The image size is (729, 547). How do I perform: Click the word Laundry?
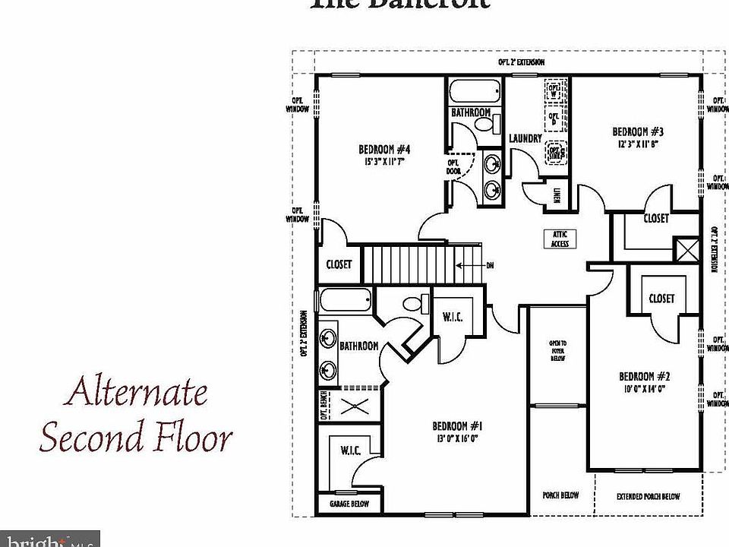coord(525,138)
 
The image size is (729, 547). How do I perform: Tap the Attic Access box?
coord(560,239)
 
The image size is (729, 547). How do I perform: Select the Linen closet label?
coord(557,194)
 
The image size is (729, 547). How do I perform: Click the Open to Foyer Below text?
coord(558,350)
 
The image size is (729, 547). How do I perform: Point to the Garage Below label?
coord(349,504)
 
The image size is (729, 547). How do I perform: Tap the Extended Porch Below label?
coord(649,496)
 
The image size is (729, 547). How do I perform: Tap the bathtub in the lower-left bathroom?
coord(346,300)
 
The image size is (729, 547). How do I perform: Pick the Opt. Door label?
coord(454,167)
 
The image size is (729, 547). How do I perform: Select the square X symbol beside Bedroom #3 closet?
coord(686,250)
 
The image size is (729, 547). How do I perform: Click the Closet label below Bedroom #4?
coord(339,264)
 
